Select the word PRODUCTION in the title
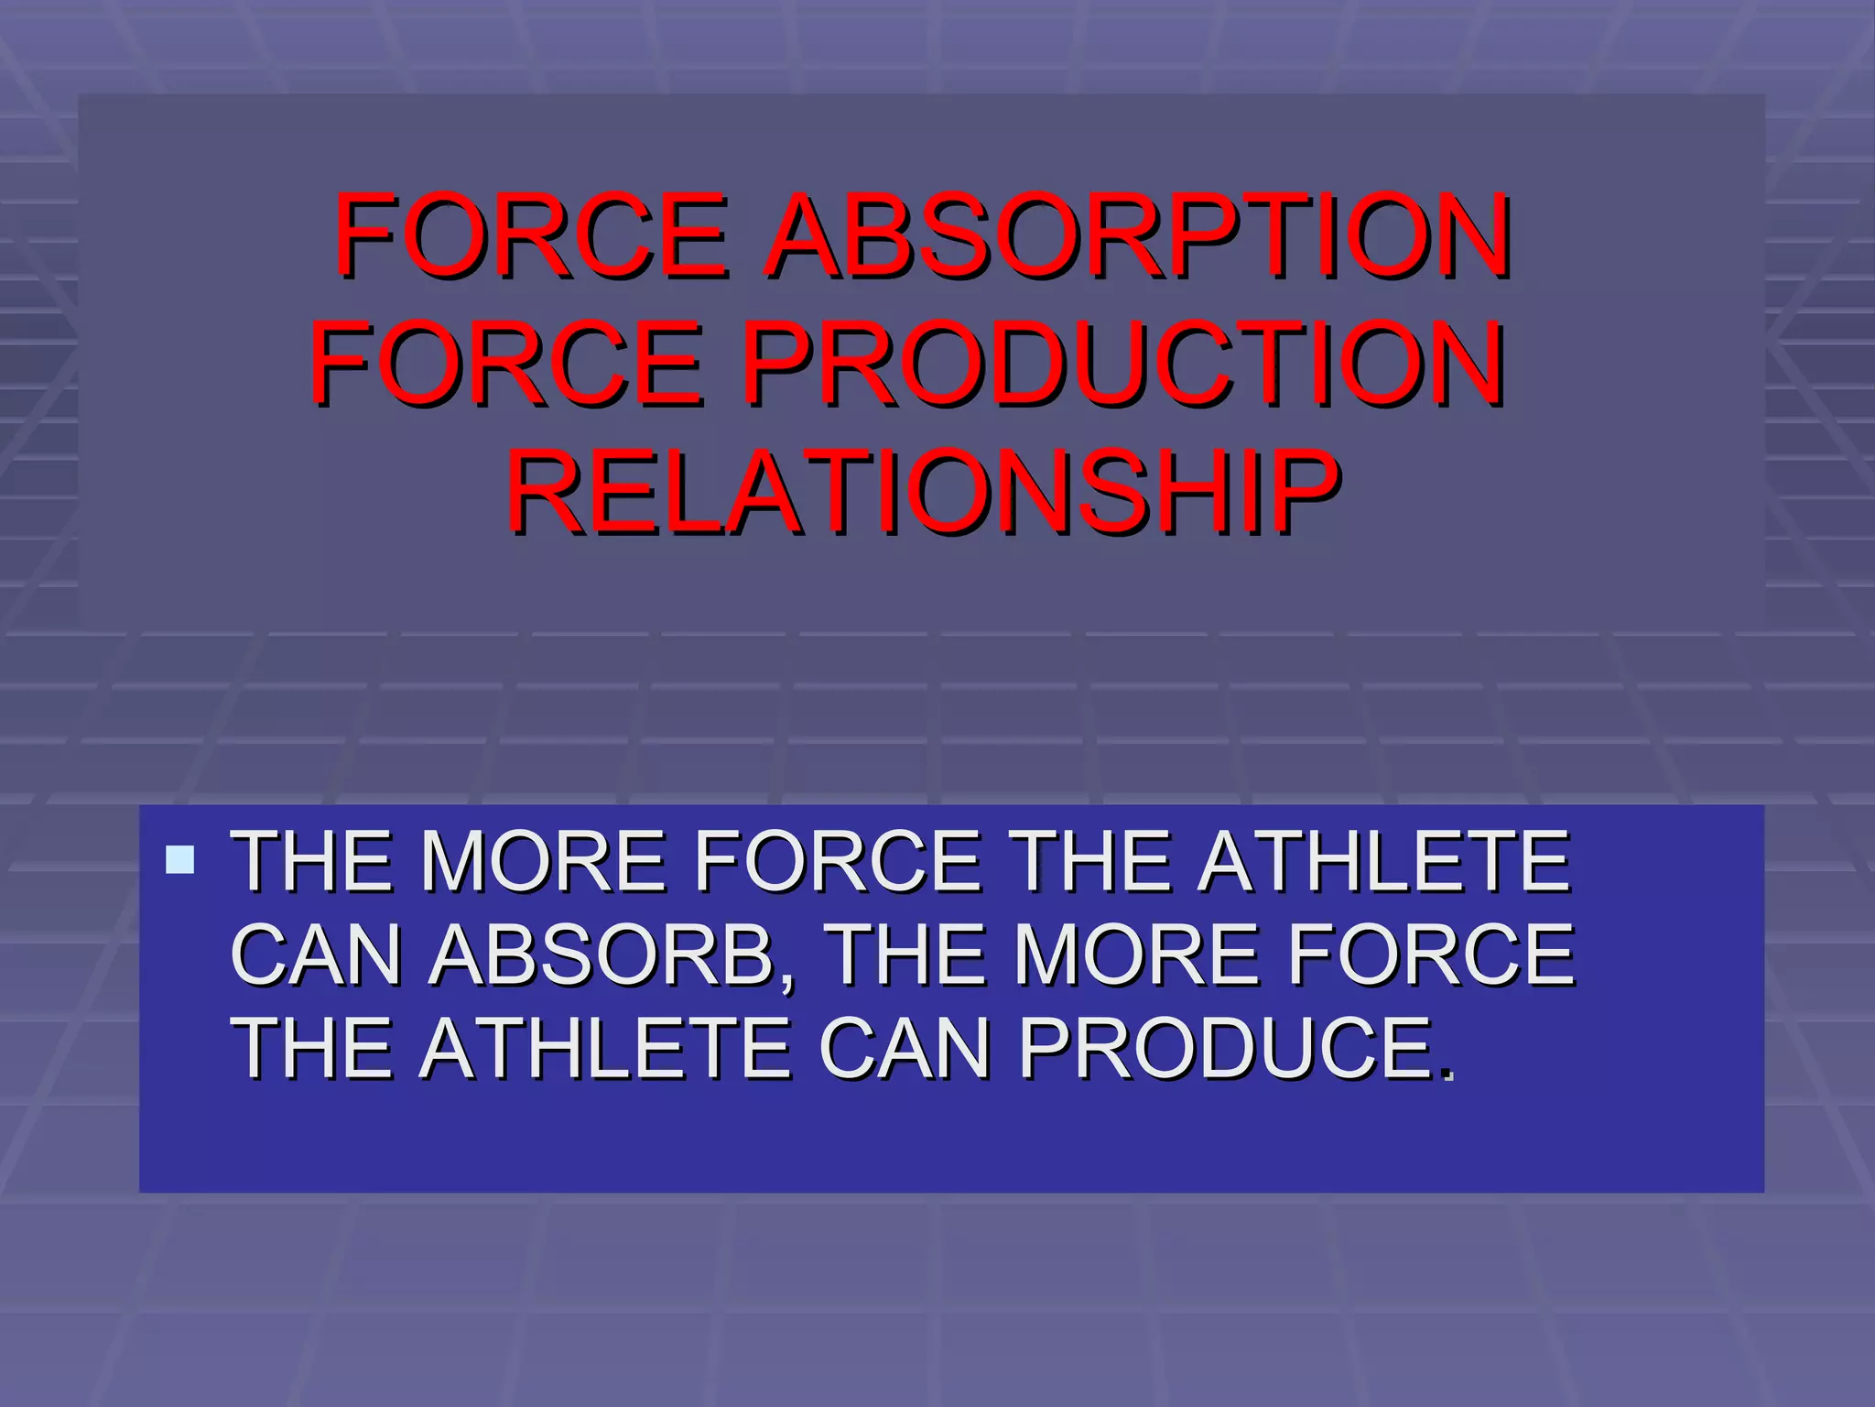pyautogui.click(x=1122, y=364)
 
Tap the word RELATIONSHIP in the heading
pyautogui.click(x=923, y=492)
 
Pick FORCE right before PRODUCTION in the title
pyautogui.click(x=508, y=364)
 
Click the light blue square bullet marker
pyautogui.click(x=180, y=859)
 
